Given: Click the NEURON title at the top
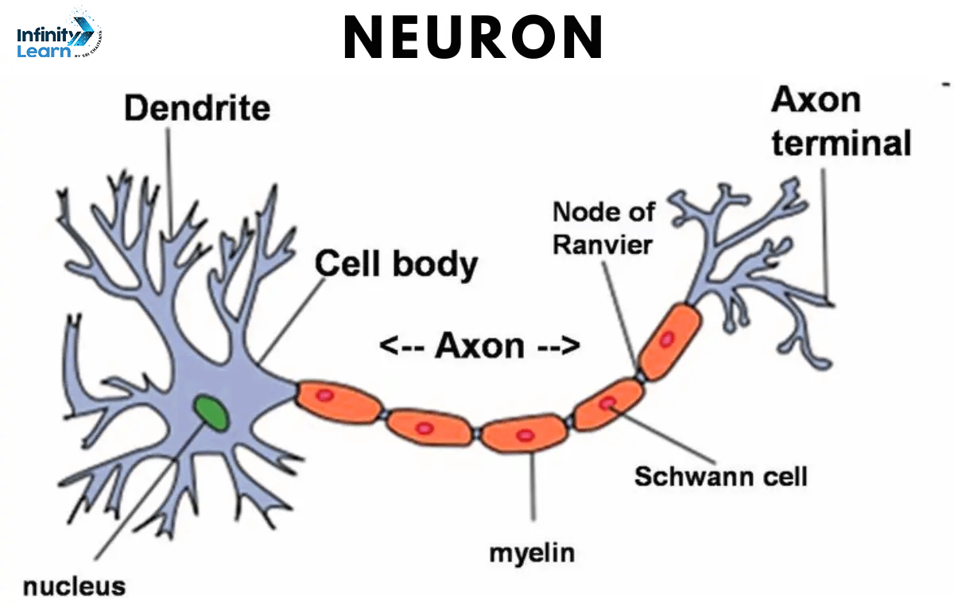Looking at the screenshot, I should tap(473, 37).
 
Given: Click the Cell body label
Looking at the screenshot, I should tap(397, 264).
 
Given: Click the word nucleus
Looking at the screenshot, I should tap(74, 586).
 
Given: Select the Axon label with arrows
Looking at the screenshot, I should tap(479, 346).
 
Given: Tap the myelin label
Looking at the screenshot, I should tap(532, 551).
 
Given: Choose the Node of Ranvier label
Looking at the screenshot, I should tap(603, 228).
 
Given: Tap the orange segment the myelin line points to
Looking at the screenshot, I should tap(525, 435).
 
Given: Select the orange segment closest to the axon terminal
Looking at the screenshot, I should tap(669, 339).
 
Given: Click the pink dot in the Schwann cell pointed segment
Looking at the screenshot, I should tap(607, 403).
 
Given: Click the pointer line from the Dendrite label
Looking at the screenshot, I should tap(169, 183).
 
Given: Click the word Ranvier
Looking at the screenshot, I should tap(603, 244).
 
